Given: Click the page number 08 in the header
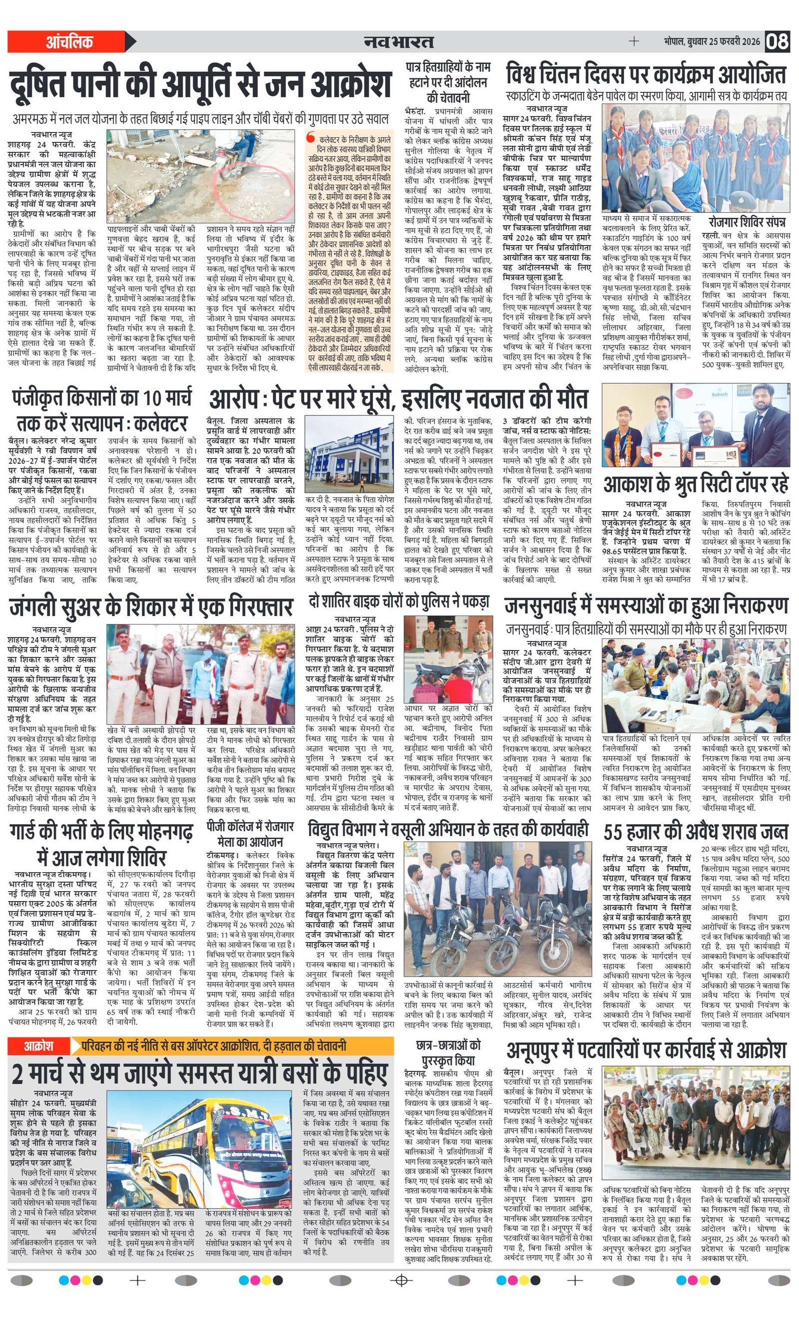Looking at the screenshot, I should tap(777, 41).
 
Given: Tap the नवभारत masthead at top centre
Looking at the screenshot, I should tap(399, 41).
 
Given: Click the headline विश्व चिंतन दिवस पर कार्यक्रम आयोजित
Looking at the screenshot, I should tap(646, 75).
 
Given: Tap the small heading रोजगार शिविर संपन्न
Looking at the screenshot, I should tap(747, 222).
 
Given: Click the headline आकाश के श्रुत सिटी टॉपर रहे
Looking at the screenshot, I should tap(696, 484).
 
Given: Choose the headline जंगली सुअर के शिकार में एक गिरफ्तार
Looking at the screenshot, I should tap(151, 607).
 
